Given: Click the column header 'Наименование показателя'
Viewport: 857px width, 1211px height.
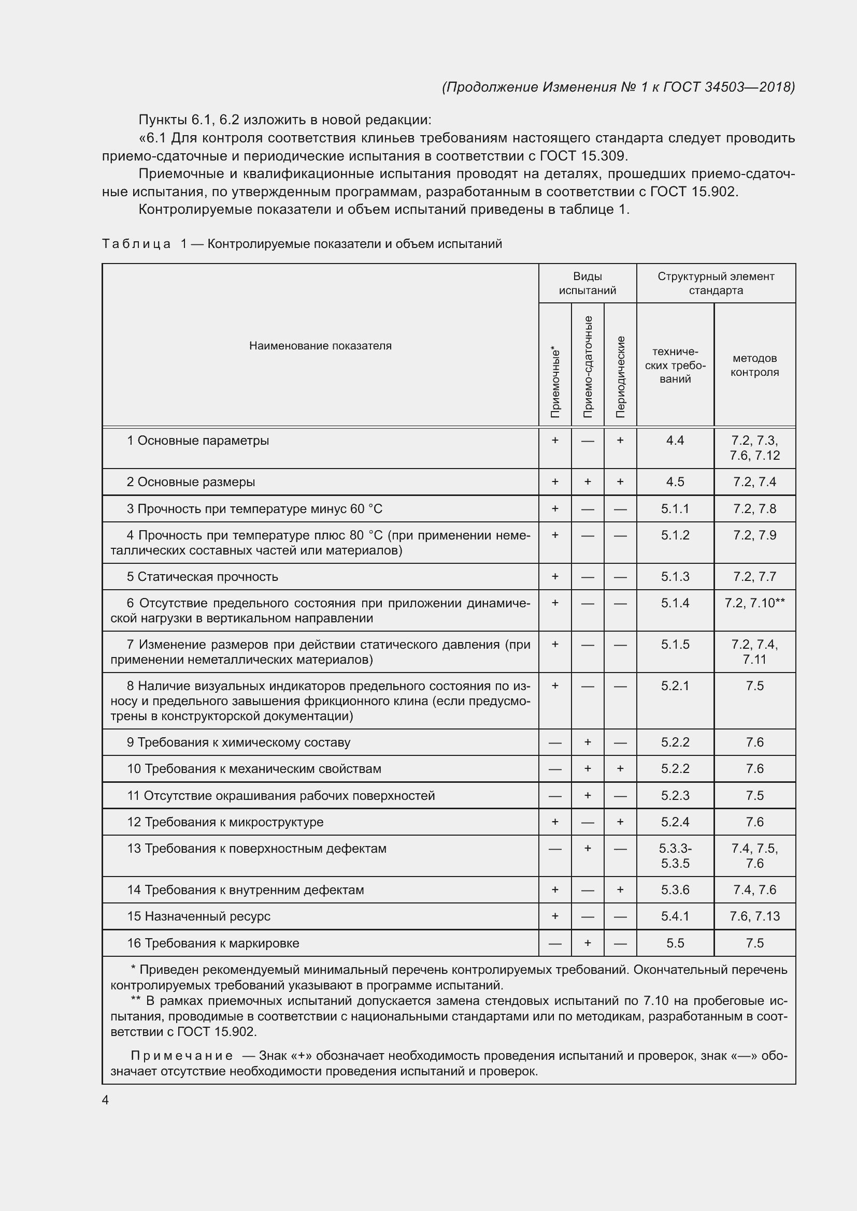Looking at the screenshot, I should [320, 346].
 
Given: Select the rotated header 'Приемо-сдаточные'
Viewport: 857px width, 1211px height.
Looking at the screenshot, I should [588, 367].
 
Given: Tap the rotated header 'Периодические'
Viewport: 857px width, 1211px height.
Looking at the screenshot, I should [621, 376].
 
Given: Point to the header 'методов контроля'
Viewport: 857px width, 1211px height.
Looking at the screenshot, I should [754, 365].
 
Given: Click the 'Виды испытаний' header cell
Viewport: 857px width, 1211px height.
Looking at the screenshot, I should [588, 283].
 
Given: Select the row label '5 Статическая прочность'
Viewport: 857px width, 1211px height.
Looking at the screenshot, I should [202, 576].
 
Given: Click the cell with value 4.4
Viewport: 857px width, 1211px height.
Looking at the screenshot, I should [675, 441].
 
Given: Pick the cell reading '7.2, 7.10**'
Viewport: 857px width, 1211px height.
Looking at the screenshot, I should [754, 603].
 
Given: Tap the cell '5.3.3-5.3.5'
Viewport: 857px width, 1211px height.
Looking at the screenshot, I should [675, 855].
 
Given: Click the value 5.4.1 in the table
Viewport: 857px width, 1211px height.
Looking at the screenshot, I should [675, 916].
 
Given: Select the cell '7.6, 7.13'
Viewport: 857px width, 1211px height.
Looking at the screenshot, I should [754, 916].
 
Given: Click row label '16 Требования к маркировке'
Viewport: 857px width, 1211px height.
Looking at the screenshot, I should [213, 943].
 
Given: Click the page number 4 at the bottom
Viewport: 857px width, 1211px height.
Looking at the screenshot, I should [106, 1100].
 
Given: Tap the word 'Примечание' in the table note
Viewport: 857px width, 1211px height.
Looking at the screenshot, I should [181, 1055].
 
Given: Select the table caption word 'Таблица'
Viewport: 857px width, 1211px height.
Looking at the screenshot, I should [136, 244].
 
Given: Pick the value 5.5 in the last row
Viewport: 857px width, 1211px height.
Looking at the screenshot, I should [675, 943].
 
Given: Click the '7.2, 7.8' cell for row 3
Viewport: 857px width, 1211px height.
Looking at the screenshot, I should [754, 509].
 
